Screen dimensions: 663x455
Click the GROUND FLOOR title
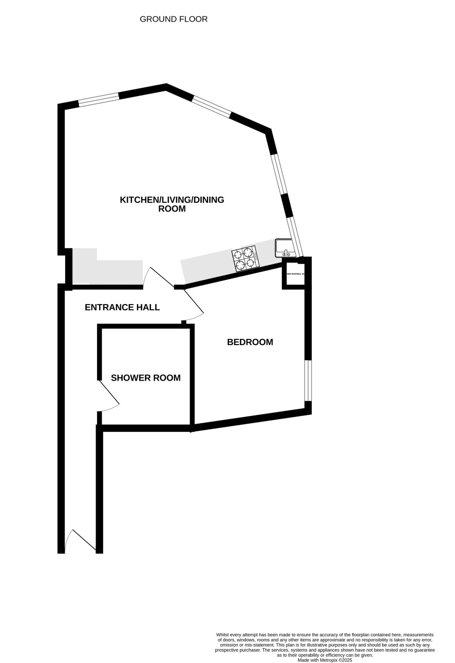point(174,20)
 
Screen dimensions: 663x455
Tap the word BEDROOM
point(250,342)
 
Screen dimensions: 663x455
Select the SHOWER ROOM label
point(146,378)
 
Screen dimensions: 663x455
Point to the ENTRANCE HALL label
point(122,308)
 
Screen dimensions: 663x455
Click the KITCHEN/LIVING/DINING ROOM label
point(172,204)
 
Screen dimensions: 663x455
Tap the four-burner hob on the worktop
point(245,259)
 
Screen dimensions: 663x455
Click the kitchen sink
point(285,247)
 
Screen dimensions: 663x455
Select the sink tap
point(286,253)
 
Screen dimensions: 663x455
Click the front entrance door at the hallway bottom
point(81,540)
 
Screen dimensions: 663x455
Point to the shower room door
point(108,396)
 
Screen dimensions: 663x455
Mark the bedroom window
point(308,381)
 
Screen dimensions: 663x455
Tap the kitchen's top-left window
point(99,100)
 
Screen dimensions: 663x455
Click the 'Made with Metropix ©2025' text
point(325,660)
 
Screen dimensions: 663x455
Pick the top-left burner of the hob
point(238,255)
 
